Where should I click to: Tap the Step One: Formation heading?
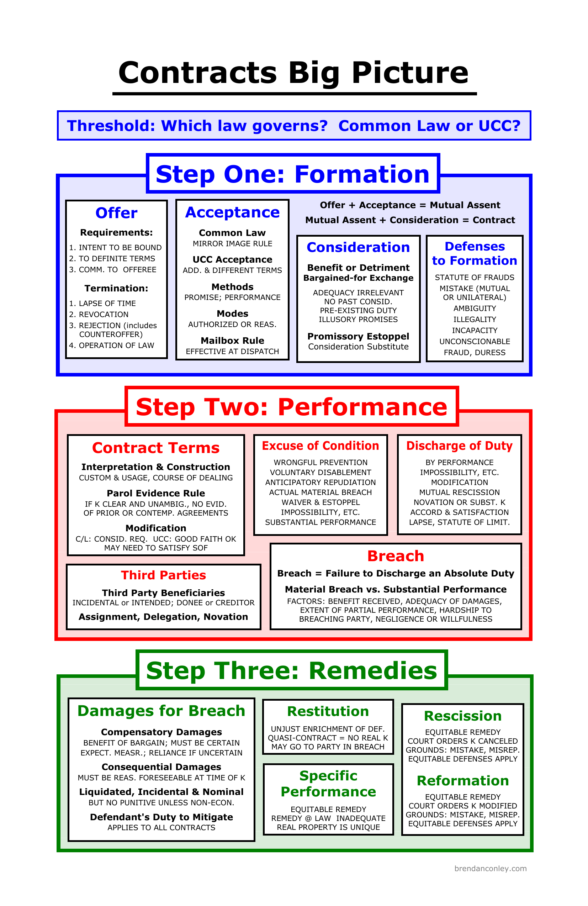tap(292, 174)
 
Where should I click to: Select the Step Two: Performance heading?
tap(292, 407)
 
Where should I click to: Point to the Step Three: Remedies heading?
tap(292, 670)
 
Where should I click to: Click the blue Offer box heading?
tap(116, 213)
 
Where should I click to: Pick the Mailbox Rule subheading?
tap(232, 340)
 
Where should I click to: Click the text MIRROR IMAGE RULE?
tap(232, 244)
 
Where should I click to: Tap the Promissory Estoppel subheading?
tap(358, 337)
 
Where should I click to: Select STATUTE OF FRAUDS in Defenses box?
tap(474, 278)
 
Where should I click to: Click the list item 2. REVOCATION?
tap(99, 315)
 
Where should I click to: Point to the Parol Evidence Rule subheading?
tap(156, 493)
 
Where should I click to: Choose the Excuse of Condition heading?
tap(321, 446)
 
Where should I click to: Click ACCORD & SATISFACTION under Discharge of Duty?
tap(459, 512)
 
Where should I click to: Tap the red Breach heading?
tap(396, 556)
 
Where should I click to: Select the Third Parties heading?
tap(163, 575)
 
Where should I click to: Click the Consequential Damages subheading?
tap(161, 767)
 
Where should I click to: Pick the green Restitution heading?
tap(328, 711)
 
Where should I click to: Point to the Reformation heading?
tap(463, 780)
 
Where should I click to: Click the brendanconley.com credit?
tap(490, 868)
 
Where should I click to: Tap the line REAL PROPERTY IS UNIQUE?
tap(328, 827)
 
